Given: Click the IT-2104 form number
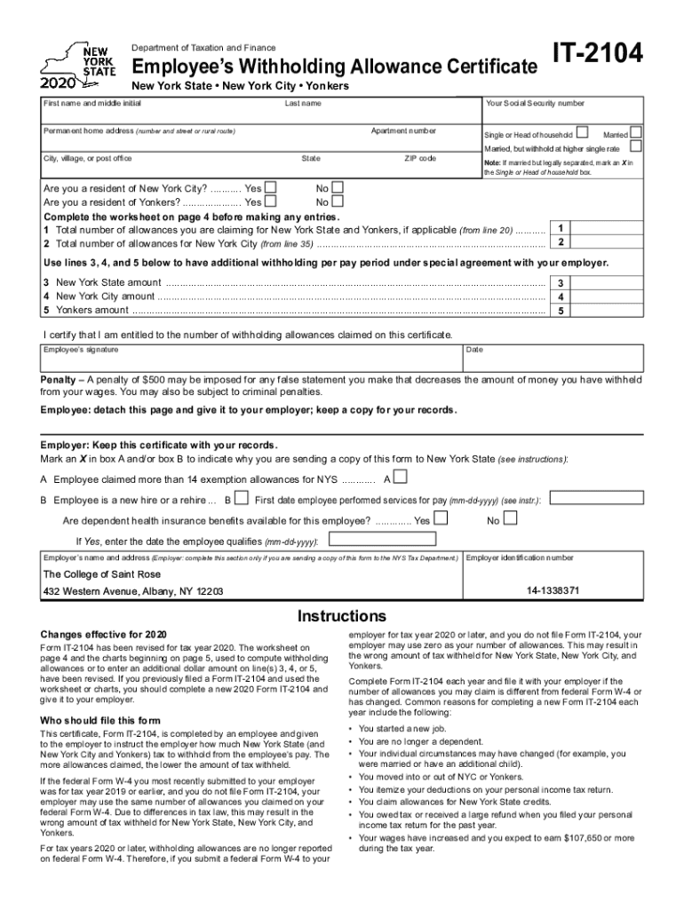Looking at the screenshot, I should coord(597,57).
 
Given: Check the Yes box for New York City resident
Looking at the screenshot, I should coord(271,187).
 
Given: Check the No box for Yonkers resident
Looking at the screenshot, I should coord(336,202).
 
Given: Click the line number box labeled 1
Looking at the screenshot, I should coord(561,228).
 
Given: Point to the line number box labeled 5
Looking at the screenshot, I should coord(561,311).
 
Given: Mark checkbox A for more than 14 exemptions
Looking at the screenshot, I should coord(401,478).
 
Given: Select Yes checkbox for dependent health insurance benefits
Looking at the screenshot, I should coord(439,518).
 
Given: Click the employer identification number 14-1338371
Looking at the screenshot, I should coord(553,589).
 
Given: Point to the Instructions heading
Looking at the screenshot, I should coord(341,616).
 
